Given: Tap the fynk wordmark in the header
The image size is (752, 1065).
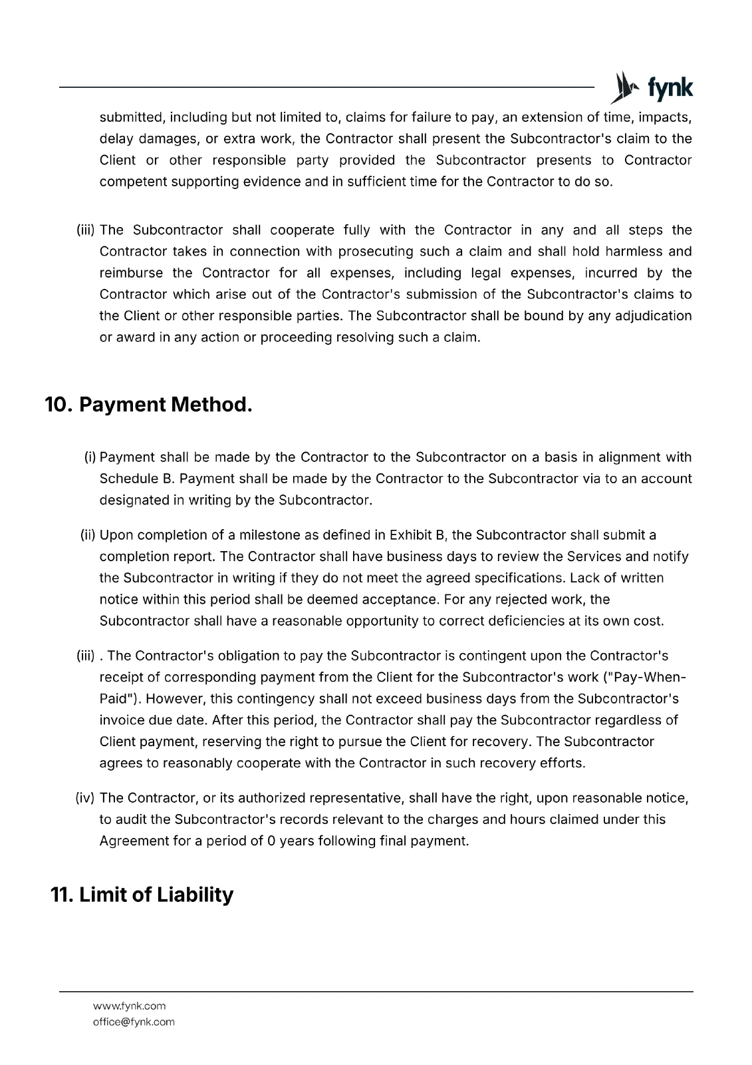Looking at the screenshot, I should click(x=670, y=88).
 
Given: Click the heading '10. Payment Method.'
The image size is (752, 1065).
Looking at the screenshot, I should click(x=148, y=405).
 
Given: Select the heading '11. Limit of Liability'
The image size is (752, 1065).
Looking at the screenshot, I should click(x=142, y=895).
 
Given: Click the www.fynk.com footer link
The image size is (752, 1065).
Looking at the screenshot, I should click(x=129, y=1006).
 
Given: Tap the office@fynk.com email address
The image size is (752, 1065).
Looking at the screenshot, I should click(x=134, y=1022).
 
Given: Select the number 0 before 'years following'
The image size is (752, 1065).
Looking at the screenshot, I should click(x=271, y=841).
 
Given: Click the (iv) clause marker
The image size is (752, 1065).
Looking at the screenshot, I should click(x=86, y=798).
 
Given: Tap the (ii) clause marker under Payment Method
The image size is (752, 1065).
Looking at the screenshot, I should click(x=88, y=535).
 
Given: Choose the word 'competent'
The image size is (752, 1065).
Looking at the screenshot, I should click(x=132, y=182).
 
